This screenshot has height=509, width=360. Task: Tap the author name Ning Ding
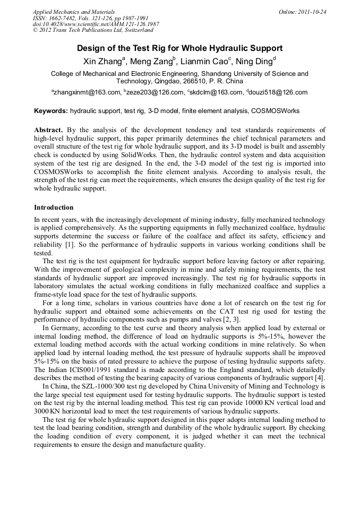click(x=257, y=61)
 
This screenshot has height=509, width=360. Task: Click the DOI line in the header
click(x=96, y=24)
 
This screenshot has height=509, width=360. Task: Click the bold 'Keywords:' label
click(x=51, y=111)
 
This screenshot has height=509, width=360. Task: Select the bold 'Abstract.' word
click(x=49, y=130)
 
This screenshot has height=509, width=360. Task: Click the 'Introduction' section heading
click(x=54, y=207)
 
